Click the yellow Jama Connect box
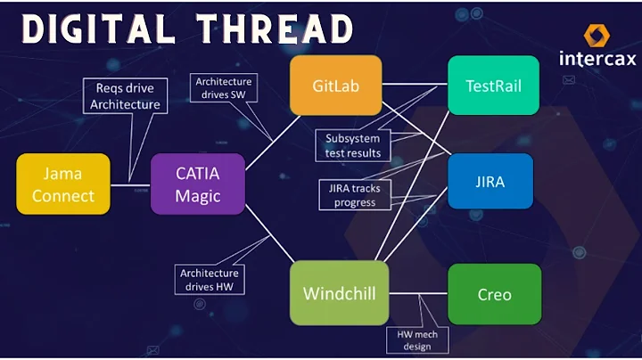(x=63, y=184)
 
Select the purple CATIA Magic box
(x=198, y=184)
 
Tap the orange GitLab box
(x=335, y=86)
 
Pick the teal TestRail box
(x=493, y=86)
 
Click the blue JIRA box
(x=490, y=182)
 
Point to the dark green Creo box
(x=494, y=293)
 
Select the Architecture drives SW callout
(x=224, y=88)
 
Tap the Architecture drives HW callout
(x=210, y=280)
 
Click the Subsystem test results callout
(x=352, y=145)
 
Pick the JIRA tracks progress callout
(x=355, y=194)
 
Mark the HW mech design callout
(x=416, y=340)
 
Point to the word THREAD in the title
(x=276, y=29)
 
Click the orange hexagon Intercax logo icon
(x=597, y=36)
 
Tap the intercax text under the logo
(x=597, y=59)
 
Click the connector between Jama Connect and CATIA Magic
(x=130, y=184)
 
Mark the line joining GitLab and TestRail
(x=415, y=86)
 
